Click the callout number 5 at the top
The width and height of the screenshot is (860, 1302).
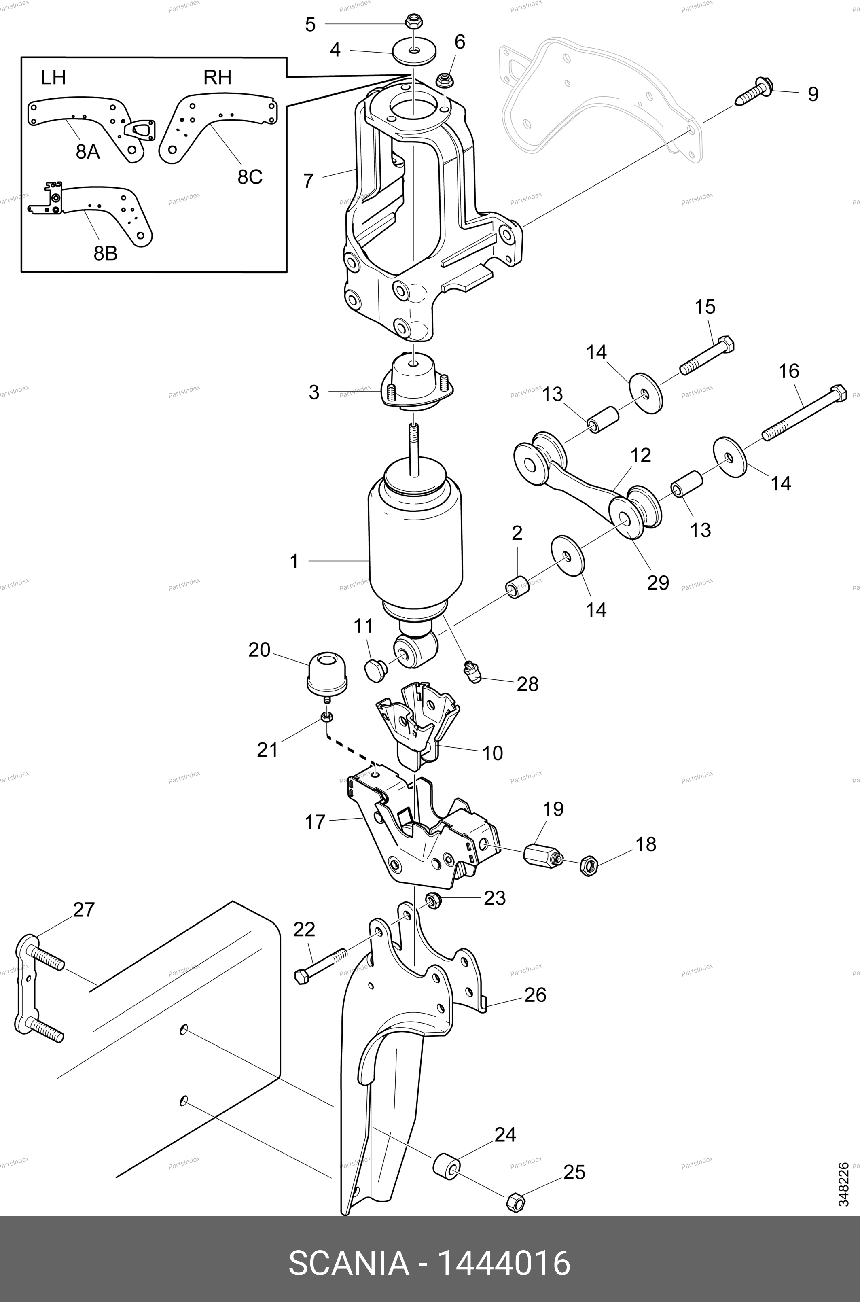tap(310, 25)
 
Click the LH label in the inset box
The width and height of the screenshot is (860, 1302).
tap(53, 77)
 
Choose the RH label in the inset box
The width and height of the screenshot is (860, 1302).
tap(217, 77)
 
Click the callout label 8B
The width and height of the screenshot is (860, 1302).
tap(105, 253)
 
